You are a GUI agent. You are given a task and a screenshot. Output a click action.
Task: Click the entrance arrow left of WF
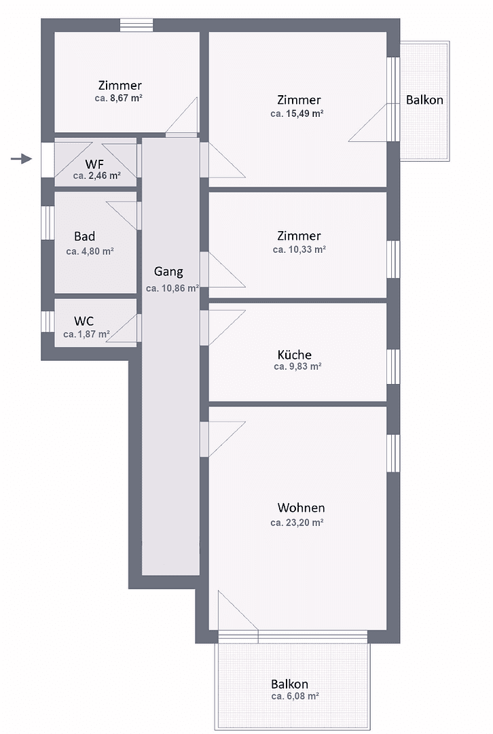click(x=22, y=159)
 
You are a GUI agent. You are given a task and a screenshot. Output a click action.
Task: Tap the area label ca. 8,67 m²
click(x=118, y=98)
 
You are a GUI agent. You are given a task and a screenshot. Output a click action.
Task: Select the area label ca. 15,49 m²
click(x=297, y=113)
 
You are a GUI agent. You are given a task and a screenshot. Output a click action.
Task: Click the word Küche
click(x=295, y=354)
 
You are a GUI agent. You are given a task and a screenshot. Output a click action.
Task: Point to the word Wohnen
click(x=301, y=508)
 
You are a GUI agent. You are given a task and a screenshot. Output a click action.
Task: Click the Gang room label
click(x=168, y=272)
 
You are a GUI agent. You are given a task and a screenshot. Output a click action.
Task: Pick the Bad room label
click(x=85, y=237)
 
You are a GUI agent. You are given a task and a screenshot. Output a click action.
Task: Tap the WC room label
click(x=84, y=320)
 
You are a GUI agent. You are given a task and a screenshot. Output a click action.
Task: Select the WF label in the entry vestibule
click(x=94, y=164)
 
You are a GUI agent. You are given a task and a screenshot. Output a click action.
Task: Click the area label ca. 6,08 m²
click(x=295, y=697)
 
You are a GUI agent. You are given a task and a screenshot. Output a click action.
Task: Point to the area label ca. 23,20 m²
click(x=297, y=523)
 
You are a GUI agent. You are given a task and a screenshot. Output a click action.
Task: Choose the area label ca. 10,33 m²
click(x=299, y=250)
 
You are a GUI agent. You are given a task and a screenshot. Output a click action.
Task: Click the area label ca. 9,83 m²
click(x=297, y=366)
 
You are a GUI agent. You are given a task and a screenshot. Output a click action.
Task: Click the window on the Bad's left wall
click(x=47, y=222)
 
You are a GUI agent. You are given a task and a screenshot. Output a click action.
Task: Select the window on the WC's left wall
click(x=47, y=321)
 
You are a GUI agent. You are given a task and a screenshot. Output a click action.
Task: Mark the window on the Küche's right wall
click(x=392, y=367)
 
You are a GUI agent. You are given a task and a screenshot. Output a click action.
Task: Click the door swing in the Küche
click(x=224, y=325)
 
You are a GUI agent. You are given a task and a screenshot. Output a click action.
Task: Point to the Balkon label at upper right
click(x=424, y=100)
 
